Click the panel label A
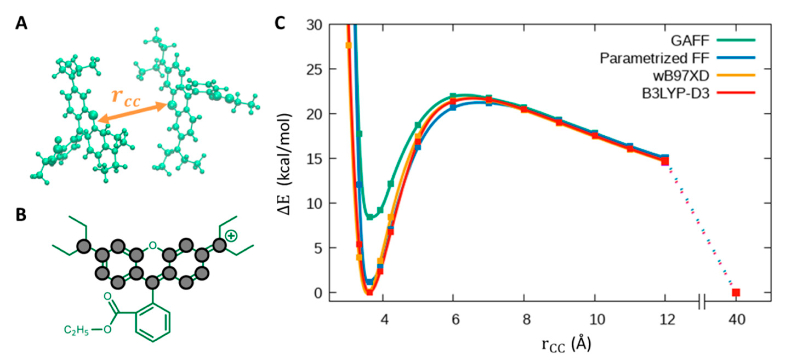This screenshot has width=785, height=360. [21, 24]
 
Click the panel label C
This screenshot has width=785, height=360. [280, 24]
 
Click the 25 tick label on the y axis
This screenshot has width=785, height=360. [315, 69]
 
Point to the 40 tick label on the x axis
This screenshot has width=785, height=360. [737, 319]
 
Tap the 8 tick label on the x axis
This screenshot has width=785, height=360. [526, 319]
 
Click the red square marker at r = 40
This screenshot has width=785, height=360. [736, 293]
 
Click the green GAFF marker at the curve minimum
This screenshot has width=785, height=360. [370, 217]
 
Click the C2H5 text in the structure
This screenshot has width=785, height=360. [76, 330]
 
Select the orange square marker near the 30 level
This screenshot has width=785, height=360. [349, 45]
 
